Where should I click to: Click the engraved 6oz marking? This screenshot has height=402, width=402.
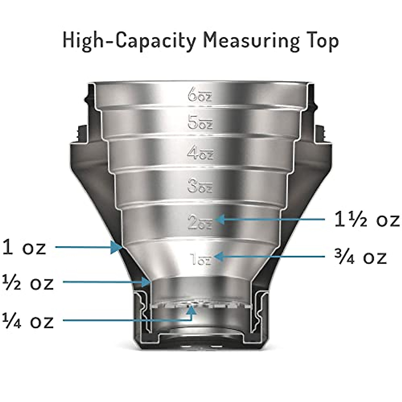click(x=200, y=94)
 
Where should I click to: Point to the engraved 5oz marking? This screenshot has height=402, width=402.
click(x=200, y=123)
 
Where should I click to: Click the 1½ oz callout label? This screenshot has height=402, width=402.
click(x=367, y=220)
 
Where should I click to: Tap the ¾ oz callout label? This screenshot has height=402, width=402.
click(x=360, y=257)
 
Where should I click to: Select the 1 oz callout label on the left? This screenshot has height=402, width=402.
click(x=24, y=248)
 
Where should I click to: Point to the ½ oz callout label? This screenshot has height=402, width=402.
click(x=28, y=283)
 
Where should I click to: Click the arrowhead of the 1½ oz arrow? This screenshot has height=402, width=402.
click(x=220, y=220)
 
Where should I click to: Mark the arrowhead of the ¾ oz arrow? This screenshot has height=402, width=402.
click(x=218, y=257)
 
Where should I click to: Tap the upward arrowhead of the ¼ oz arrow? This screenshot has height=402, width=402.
click(x=191, y=310)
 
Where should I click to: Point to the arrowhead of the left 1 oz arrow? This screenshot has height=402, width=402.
click(x=117, y=248)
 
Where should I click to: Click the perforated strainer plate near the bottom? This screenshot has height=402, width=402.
click(x=201, y=305)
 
